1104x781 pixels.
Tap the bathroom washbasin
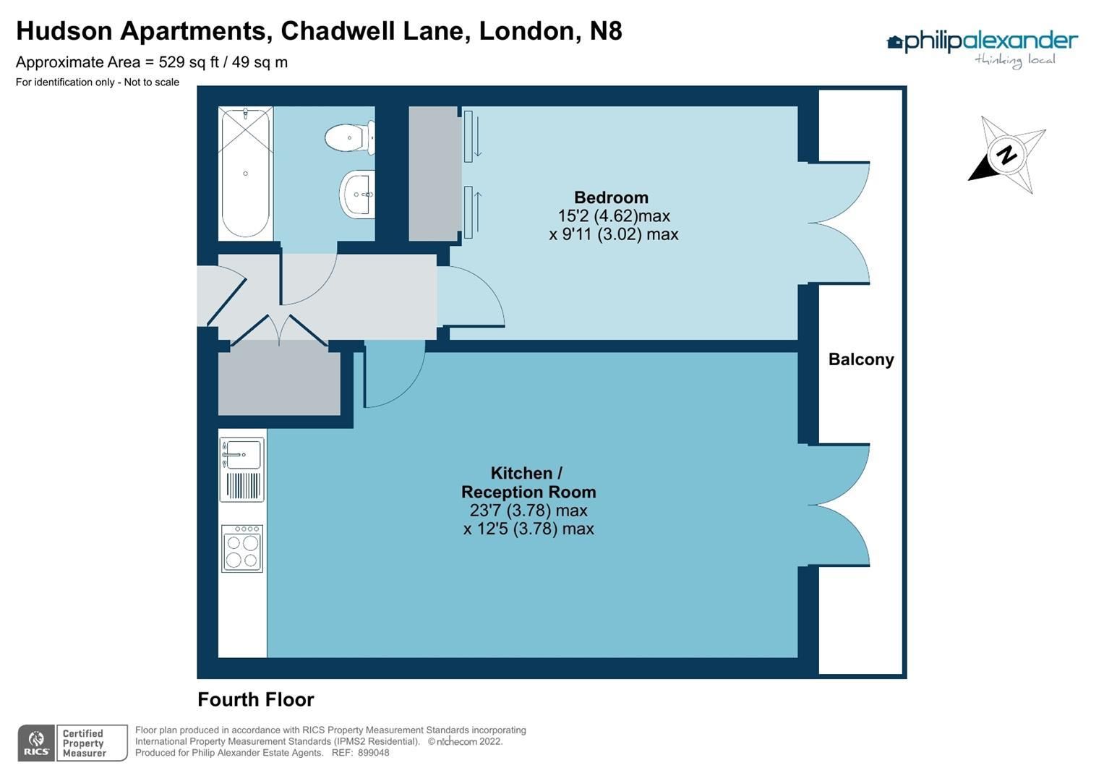click(x=358, y=194)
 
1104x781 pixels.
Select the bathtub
click(x=246, y=173)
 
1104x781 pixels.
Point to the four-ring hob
click(x=242, y=549)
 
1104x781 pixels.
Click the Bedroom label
click(x=611, y=197)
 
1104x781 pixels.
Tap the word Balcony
click(x=860, y=359)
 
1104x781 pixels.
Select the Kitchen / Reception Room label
click(x=529, y=482)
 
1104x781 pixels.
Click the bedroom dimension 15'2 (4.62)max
click(x=614, y=216)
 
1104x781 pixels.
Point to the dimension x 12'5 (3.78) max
click(x=529, y=529)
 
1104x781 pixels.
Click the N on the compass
click(x=1006, y=155)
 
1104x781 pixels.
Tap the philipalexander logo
click(x=982, y=47)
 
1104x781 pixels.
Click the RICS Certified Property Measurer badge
click(x=72, y=743)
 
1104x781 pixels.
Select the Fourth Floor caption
click(x=256, y=699)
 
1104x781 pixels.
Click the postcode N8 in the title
click(x=605, y=31)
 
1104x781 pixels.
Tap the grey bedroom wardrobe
click(x=434, y=174)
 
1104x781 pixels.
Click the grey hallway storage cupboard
click(x=279, y=380)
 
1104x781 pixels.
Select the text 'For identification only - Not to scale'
click(x=98, y=82)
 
